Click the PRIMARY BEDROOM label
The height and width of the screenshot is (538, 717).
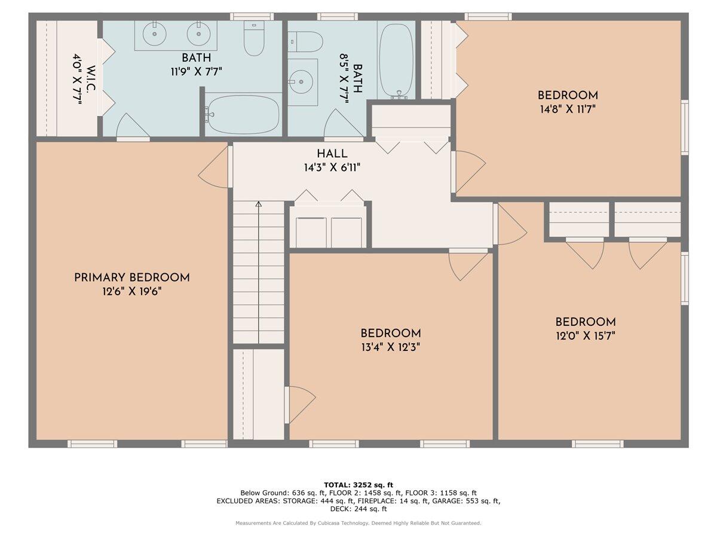(x=132, y=278)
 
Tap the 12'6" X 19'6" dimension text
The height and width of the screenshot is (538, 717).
(x=132, y=292)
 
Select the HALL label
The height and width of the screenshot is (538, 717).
(x=332, y=154)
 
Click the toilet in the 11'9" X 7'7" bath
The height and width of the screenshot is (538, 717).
(x=254, y=38)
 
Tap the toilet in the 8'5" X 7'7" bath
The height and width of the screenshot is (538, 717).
(x=305, y=42)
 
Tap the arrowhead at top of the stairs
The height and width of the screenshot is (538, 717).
(x=259, y=204)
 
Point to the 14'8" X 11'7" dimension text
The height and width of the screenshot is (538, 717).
(x=568, y=109)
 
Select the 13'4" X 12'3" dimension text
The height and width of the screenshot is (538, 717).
(x=390, y=347)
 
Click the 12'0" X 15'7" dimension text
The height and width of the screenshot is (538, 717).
(x=585, y=336)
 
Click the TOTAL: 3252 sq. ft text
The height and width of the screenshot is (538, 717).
(x=358, y=485)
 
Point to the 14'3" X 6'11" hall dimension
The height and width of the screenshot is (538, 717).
(x=332, y=168)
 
